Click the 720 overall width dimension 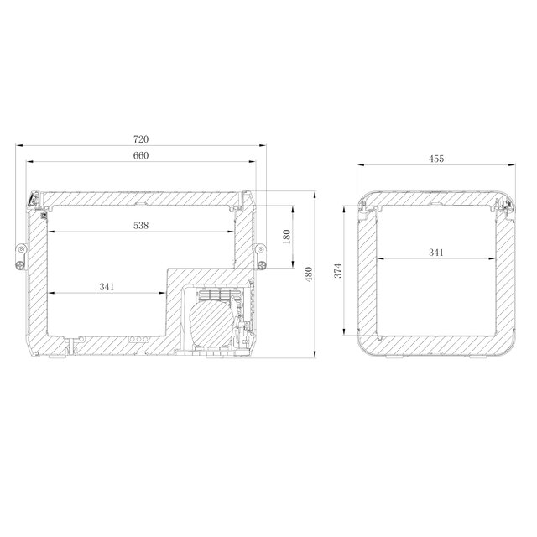pos(141,138)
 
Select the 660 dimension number pos(141,156)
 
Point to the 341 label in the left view pos(107,287)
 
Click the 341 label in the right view pos(435,251)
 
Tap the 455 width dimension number pos(435,158)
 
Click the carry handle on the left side pos(19,255)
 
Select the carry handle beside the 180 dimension pos(262,255)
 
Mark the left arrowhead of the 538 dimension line pos(53,232)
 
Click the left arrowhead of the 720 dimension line pos(18,144)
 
